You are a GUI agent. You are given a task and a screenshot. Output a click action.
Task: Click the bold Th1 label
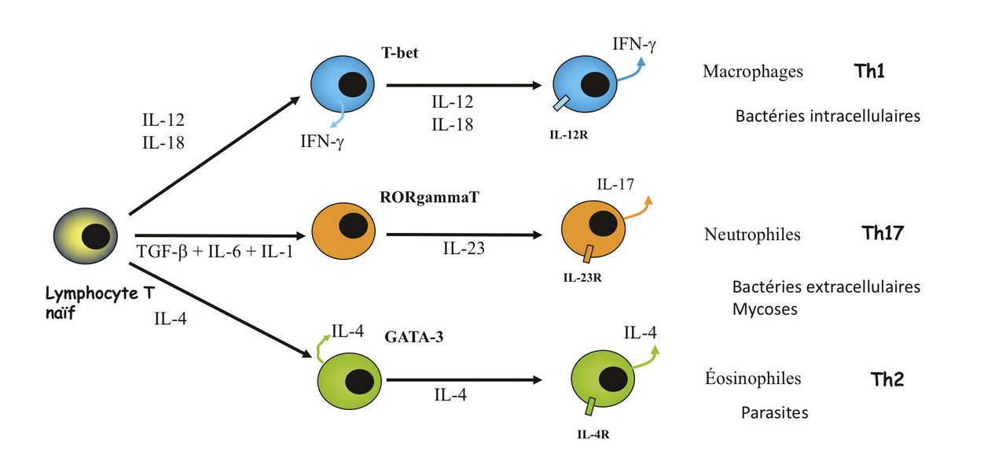[x=869, y=72]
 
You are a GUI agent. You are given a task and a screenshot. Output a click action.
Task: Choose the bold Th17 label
[x=882, y=234]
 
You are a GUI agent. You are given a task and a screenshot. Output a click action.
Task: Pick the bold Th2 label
[x=887, y=379]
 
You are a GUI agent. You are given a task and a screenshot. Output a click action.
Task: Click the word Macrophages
[x=753, y=72]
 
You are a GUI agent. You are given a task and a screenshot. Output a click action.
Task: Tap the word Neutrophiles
[x=752, y=234]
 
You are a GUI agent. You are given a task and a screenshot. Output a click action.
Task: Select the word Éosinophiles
[x=753, y=379]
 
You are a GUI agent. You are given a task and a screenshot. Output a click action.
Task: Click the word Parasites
[x=774, y=412]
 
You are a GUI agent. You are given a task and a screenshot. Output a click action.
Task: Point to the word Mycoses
[x=764, y=309]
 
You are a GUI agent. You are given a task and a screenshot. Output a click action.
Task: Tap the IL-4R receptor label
[x=590, y=432]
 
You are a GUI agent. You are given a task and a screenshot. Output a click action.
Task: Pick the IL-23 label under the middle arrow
[x=464, y=249]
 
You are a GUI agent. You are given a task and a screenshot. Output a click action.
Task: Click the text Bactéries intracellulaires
[x=828, y=116]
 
